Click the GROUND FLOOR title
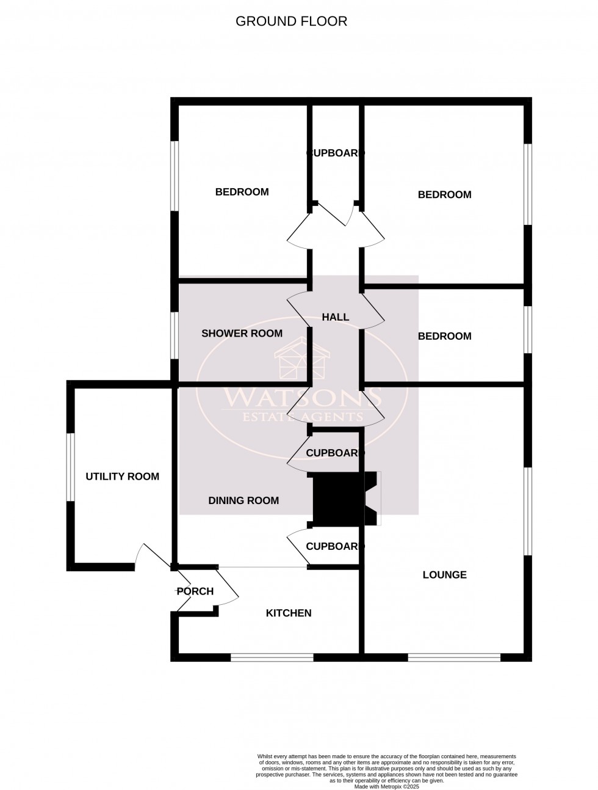coord(291,21)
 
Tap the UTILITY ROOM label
coord(122,477)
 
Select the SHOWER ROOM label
coord(242,334)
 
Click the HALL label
coord(335,317)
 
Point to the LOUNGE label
coord(444,575)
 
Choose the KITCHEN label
coord(289,613)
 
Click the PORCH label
coord(195,591)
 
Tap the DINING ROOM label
coord(243,501)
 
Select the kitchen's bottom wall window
coord(272,658)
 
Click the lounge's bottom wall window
coord(454,658)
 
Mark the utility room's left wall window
coord(71,467)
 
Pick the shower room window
coord(175,335)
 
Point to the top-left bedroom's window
coord(175,177)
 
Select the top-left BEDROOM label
coord(242,192)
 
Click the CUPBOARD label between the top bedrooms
coord(335,153)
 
